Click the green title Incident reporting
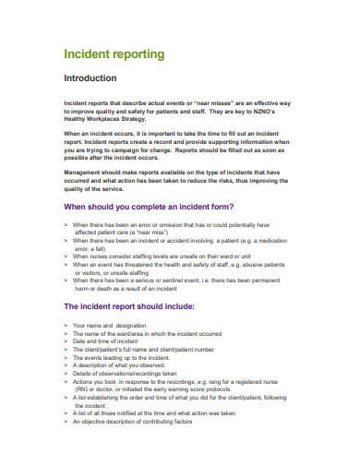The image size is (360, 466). (x=114, y=54)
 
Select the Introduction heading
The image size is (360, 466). (x=90, y=78)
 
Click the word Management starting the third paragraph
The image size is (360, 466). (x=82, y=172)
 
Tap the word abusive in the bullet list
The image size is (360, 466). (x=251, y=264)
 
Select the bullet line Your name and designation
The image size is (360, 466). (x=109, y=325)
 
